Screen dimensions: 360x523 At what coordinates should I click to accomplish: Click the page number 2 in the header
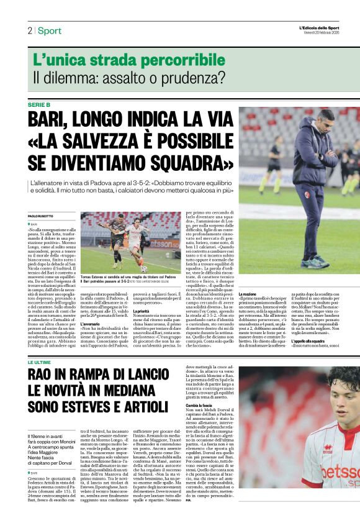(29, 30)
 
